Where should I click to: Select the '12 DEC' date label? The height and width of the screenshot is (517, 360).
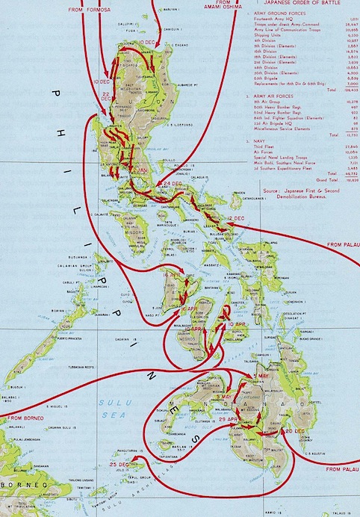coord(236,217)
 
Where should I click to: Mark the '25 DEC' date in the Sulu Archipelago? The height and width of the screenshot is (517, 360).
coord(119,465)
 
